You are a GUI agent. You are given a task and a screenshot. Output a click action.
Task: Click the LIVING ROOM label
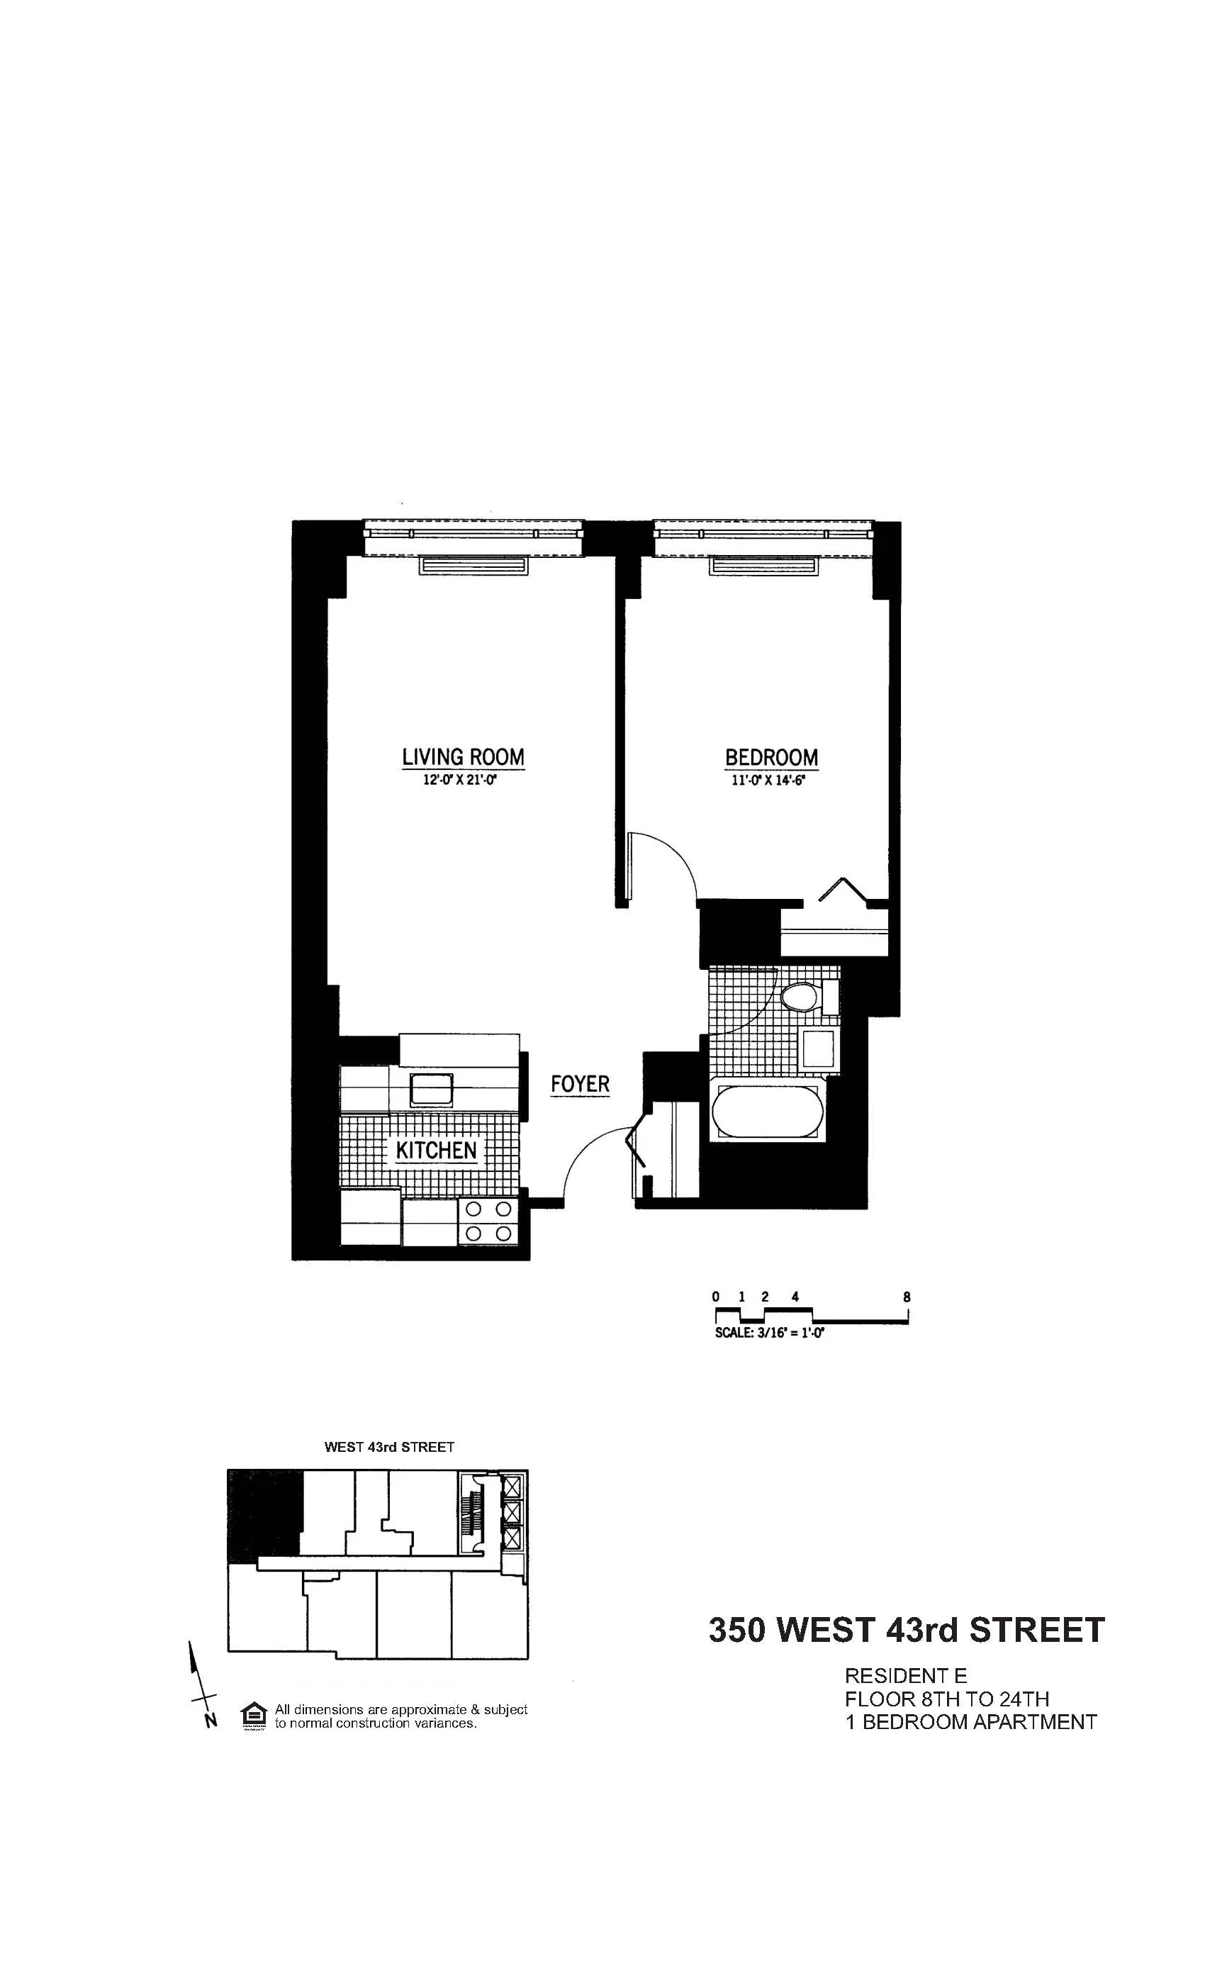(x=463, y=757)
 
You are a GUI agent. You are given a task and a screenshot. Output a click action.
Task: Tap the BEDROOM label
(x=771, y=757)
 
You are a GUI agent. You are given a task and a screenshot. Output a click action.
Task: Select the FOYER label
(x=580, y=1083)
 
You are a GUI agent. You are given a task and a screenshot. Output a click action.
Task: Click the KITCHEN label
(x=436, y=1150)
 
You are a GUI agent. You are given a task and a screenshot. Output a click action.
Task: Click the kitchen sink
(x=432, y=1089)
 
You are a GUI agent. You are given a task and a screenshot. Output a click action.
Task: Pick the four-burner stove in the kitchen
(x=489, y=1221)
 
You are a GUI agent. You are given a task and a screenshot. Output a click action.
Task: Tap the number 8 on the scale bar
(x=907, y=1297)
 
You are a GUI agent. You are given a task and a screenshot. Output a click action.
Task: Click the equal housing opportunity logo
(x=254, y=1716)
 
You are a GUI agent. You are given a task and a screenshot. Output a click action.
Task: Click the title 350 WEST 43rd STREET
(x=906, y=1630)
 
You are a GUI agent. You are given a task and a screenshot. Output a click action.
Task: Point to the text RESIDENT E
(x=905, y=1677)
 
